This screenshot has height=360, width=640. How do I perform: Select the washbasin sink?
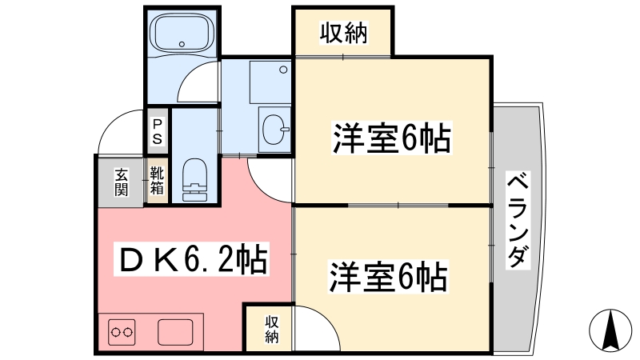(274, 127)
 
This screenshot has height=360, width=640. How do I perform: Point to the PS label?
(158, 131)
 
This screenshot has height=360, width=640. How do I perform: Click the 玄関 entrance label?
(121, 182)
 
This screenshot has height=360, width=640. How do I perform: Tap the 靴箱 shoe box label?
(157, 182)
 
